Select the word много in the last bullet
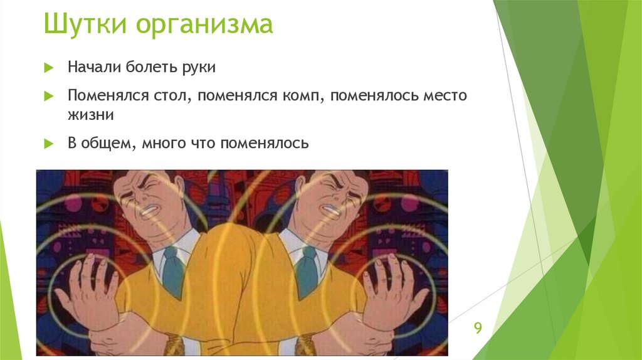(162, 144)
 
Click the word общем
(108, 144)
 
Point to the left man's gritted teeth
(153, 209)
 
